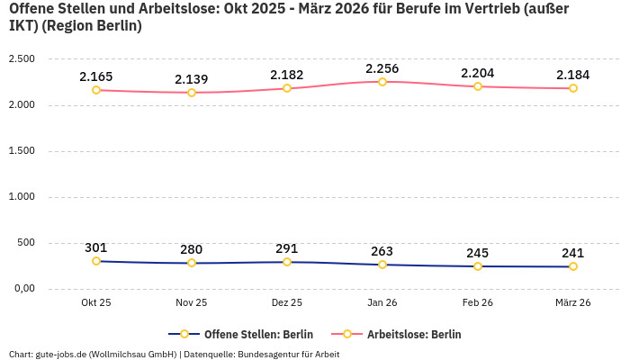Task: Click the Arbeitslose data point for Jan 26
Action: pyautogui.click(x=382, y=82)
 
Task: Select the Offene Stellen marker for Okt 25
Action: pyautogui.click(x=96, y=261)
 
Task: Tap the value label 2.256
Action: pyautogui.click(x=382, y=68)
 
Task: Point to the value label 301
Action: pyautogui.click(x=96, y=247)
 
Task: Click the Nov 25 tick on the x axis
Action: pyautogui.click(x=192, y=303)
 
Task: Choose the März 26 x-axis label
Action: pyautogui.click(x=573, y=303)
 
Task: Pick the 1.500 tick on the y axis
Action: pyautogui.click(x=21, y=151)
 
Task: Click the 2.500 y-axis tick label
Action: pyautogui.click(x=21, y=59)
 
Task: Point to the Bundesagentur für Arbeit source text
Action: pyautogui.click(x=288, y=354)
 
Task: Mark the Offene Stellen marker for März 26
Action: pyautogui.click(x=573, y=266)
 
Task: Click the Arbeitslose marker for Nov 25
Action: pyautogui.click(x=192, y=93)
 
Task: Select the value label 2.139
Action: pyautogui.click(x=192, y=79)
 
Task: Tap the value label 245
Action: pyautogui.click(x=478, y=253)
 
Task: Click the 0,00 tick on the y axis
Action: pyautogui.click(x=21, y=289)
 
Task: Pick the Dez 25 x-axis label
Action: pyautogui.click(x=287, y=303)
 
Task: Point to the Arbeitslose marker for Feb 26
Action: pyautogui.click(x=478, y=86)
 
